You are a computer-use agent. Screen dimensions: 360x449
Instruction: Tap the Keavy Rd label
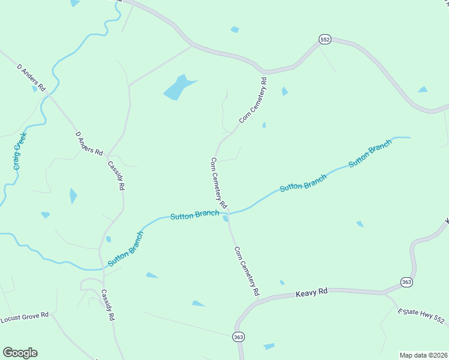click(311, 292)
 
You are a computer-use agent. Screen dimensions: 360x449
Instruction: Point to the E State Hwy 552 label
click(421, 317)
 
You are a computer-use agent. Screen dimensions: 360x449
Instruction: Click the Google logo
click(20, 353)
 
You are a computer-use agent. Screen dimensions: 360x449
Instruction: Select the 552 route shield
click(325, 40)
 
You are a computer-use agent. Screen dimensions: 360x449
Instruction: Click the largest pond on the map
click(178, 88)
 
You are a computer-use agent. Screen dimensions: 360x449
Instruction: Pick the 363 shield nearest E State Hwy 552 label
click(406, 282)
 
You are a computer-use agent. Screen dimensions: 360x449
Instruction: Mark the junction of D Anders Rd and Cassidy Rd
click(107, 157)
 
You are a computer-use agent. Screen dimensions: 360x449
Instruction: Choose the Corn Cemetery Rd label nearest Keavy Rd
click(247, 271)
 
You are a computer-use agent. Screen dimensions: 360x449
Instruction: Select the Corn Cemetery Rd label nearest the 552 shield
click(253, 100)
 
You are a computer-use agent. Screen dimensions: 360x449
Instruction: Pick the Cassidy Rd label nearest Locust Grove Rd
click(107, 306)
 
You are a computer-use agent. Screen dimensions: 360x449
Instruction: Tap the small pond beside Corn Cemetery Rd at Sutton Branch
click(225, 219)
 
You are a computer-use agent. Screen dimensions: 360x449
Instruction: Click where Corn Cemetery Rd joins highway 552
click(264, 71)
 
